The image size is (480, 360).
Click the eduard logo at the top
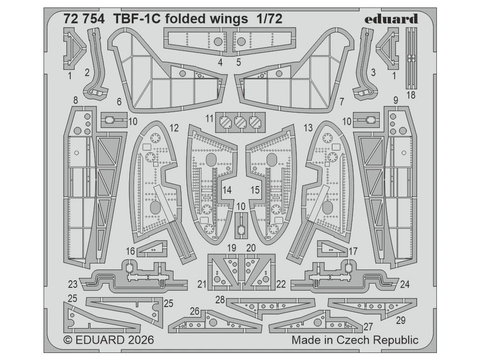tap(390, 19)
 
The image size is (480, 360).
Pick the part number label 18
tap(411, 95)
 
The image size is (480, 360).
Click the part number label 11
tap(209, 118)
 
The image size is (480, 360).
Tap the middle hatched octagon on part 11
tap(240, 122)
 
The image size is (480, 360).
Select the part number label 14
tap(227, 190)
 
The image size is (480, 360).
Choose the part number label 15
tap(255, 190)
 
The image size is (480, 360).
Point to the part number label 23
tap(72, 284)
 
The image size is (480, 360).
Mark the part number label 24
tap(405, 284)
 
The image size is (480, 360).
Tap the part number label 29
tap(400, 320)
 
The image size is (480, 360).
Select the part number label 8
tap(75, 99)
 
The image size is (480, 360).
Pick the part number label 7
tap(342, 100)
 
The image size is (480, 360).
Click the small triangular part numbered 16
tap(152, 248)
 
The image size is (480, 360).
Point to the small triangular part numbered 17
tap(330, 248)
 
